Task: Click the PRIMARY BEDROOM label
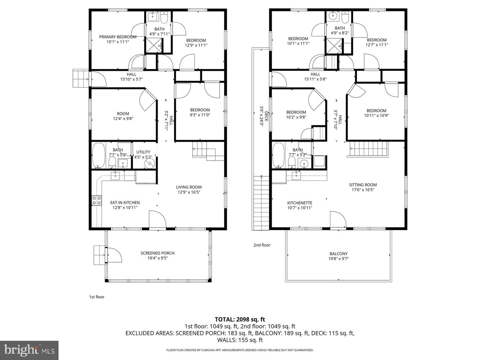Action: [118, 37]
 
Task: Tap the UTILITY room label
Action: [143, 152]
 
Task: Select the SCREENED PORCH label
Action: [157, 253]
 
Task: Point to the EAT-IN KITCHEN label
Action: [125, 203]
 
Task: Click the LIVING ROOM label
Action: [189, 187]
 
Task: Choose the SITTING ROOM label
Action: [363, 185]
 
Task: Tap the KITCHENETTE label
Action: [300, 203]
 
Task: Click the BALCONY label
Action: [339, 254]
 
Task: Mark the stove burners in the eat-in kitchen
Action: [96, 201]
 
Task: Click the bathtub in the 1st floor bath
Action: [98, 155]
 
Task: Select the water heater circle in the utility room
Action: [150, 163]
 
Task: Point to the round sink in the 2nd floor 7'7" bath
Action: [303, 164]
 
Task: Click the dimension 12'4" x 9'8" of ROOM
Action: [123, 119]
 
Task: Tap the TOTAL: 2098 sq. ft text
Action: [240, 320]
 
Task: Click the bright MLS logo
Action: [29, 350]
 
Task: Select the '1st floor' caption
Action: [96, 297]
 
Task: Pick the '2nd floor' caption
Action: [262, 245]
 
